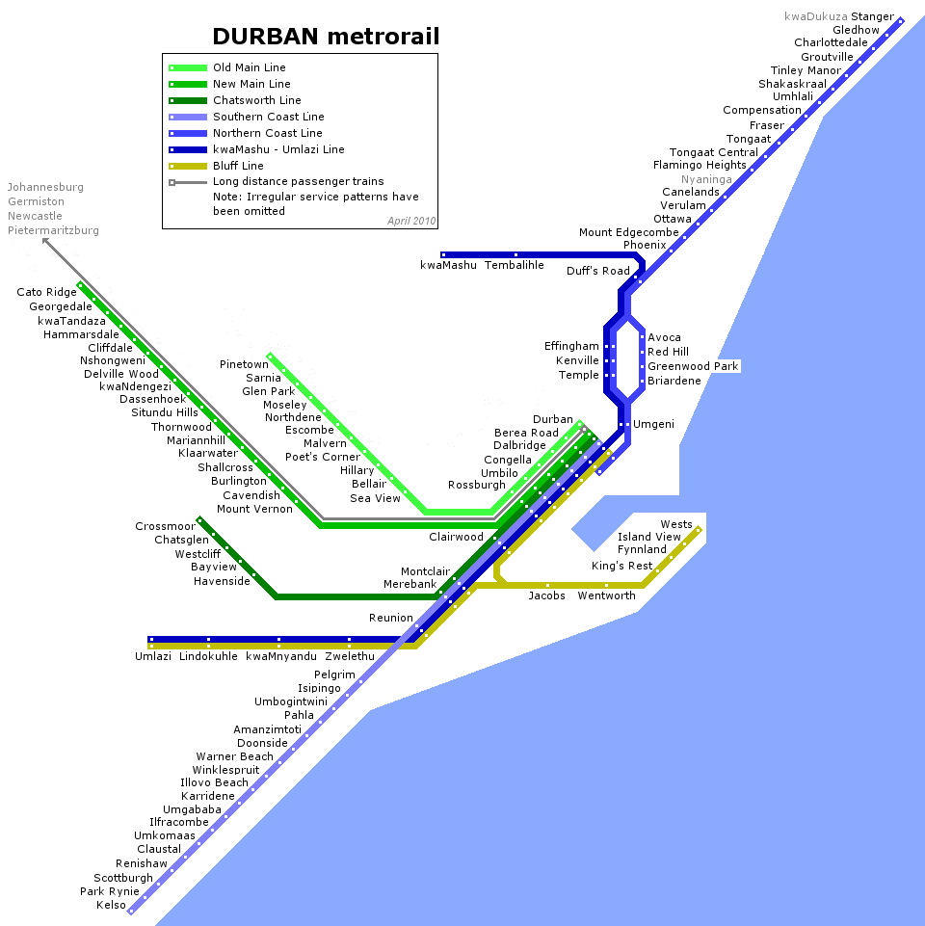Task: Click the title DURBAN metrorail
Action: pos(326,37)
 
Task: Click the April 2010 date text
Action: pos(411,221)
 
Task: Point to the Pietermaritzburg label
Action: pos(53,230)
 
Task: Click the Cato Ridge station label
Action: pos(46,292)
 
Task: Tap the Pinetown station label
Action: pos(244,364)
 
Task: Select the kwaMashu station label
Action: pos(448,265)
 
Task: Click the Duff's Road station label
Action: pos(597,271)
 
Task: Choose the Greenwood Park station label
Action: pos(693,366)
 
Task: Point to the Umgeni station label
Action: pos(653,424)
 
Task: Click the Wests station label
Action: pos(676,524)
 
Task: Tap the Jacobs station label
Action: pos(546,595)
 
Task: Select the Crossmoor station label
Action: pos(166,526)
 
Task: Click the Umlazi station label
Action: pos(153,656)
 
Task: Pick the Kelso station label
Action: pos(111,905)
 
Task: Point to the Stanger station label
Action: pos(872,16)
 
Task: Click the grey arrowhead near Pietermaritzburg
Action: pos(45,242)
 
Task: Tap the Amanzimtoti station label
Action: pos(268,729)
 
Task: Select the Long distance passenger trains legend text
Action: pos(299,181)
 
